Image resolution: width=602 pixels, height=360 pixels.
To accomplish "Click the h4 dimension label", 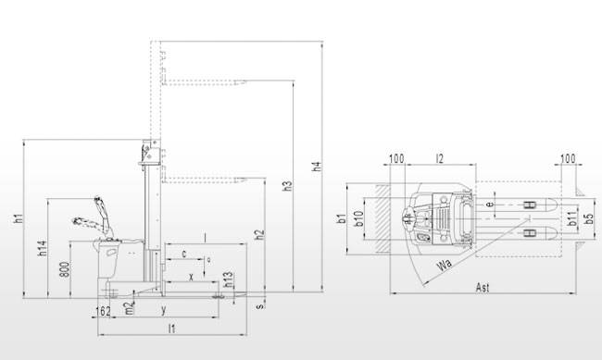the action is click(317, 167).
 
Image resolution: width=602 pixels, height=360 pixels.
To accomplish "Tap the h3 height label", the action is click(287, 186).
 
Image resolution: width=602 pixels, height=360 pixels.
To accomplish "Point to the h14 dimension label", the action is click(43, 248).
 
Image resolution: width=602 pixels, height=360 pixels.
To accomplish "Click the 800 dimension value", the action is click(65, 269).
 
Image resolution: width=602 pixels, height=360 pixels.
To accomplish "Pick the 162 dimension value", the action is click(103, 311).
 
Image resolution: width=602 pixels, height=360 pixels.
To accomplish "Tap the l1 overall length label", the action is click(172, 329).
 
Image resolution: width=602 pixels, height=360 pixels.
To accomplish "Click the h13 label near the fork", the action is click(228, 279).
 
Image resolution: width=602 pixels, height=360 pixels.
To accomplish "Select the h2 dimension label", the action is click(260, 235).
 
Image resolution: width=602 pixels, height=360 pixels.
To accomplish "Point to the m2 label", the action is click(131, 308).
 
